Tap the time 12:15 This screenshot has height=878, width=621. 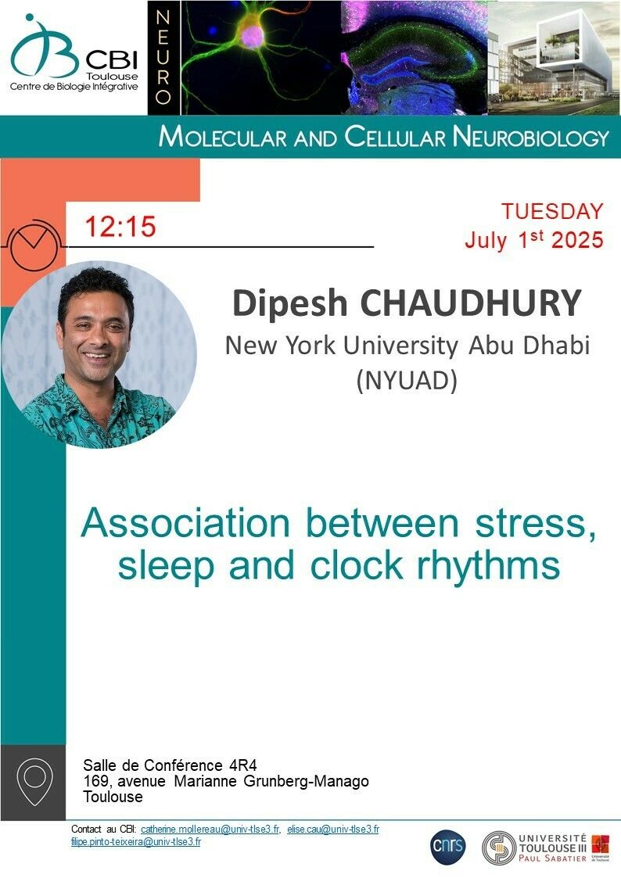click(120, 227)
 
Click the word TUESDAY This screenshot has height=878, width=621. click(552, 211)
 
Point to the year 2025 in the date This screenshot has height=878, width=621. click(577, 240)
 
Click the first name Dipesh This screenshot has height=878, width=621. click(290, 304)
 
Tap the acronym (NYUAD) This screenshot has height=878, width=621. click(407, 381)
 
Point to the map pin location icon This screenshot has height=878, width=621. click(34, 782)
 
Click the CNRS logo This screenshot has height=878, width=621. click(448, 846)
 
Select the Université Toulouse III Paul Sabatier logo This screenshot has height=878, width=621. click(546, 848)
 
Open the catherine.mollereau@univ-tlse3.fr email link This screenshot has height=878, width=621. click(210, 830)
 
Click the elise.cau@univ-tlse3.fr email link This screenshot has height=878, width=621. click(333, 830)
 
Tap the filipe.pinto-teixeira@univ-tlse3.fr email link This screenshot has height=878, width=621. click(135, 841)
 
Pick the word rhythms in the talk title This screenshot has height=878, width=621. click(488, 567)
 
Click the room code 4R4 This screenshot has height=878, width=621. click(243, 765)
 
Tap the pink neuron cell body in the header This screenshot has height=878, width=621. click(253, 34)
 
